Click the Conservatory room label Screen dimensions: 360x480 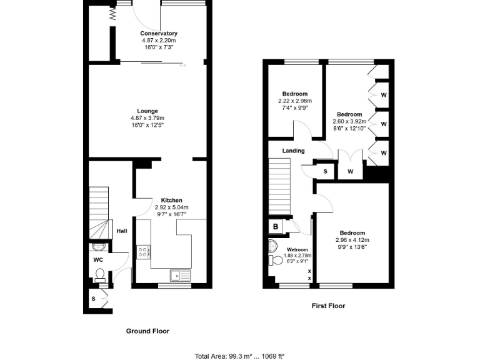[x=159, y=33]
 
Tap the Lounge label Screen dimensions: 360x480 [x=147, y=111]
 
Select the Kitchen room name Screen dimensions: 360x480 [x=171, y=201]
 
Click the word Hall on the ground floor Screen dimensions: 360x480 [x=122, y=231]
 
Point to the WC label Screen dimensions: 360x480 [x=98, y=259]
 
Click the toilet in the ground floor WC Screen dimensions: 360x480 [x=99, y=273]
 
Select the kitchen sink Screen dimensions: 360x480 [x=177, y=274]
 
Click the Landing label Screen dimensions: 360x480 [x=293, y=151]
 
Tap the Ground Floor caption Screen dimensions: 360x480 [x=147, y=331]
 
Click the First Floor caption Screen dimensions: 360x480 [x=328, y=306]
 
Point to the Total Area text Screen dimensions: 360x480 [x=239, y=356]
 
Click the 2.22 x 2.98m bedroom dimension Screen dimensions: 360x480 [x=295, y=101]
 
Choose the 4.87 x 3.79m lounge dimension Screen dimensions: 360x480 [x=147, y=118]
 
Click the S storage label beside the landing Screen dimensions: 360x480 [x=325, y=171]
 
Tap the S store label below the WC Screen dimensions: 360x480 [x=93, y=299]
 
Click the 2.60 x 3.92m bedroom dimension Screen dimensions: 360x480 [x=349, y=121]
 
